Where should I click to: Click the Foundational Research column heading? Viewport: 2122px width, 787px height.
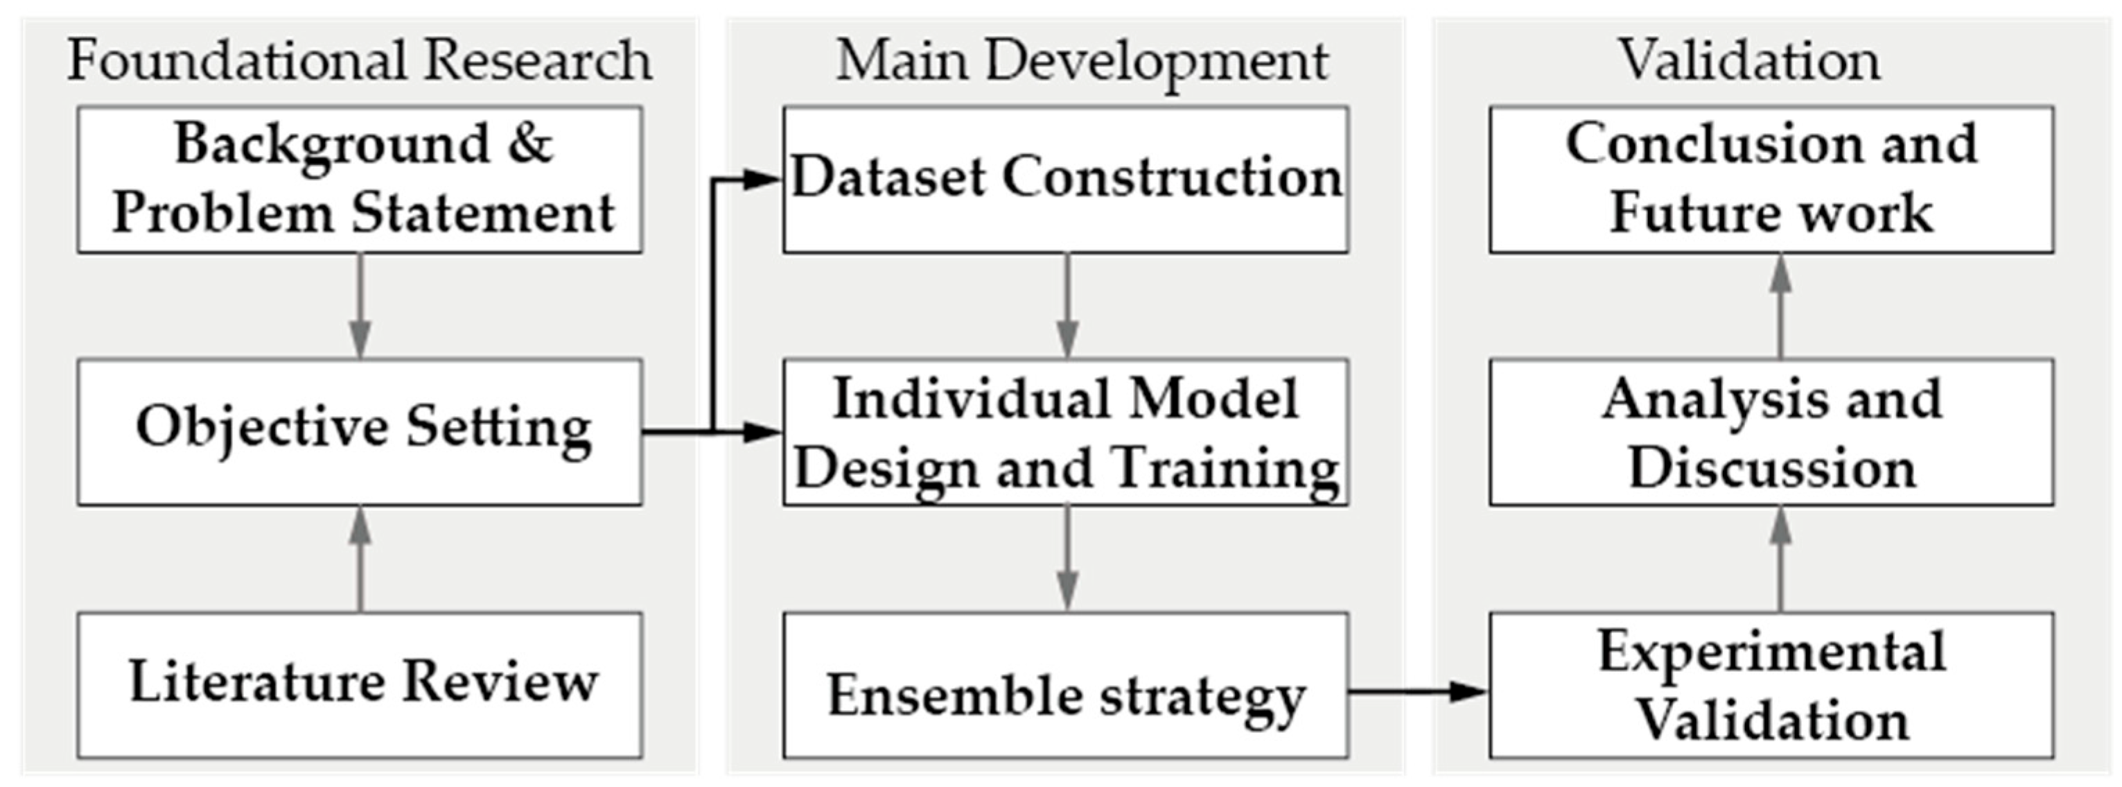[359, 60]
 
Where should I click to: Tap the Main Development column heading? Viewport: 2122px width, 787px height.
[1082, 60]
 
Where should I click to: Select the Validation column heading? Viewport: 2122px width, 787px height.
[1750, 60]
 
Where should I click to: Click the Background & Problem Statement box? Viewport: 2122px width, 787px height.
[360, 179]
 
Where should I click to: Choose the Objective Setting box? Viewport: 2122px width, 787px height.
[360, 431]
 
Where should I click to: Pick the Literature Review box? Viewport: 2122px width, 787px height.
[360, 684]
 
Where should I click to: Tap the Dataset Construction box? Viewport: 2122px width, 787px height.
[1066, 179]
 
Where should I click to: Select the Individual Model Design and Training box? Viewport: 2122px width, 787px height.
[1066, 431]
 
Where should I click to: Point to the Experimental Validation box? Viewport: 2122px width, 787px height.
[1771, 684]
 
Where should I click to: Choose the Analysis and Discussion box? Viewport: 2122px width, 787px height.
[1771, 431]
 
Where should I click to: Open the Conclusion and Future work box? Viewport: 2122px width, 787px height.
[1771, 179]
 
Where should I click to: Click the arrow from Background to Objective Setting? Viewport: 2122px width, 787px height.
[360, 305]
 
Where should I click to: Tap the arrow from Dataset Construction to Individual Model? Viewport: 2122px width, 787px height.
[1068, 305]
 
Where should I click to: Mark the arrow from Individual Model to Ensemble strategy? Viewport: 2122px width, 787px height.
[1068, 558]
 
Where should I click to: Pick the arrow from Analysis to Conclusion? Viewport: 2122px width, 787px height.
[1781, 305]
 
